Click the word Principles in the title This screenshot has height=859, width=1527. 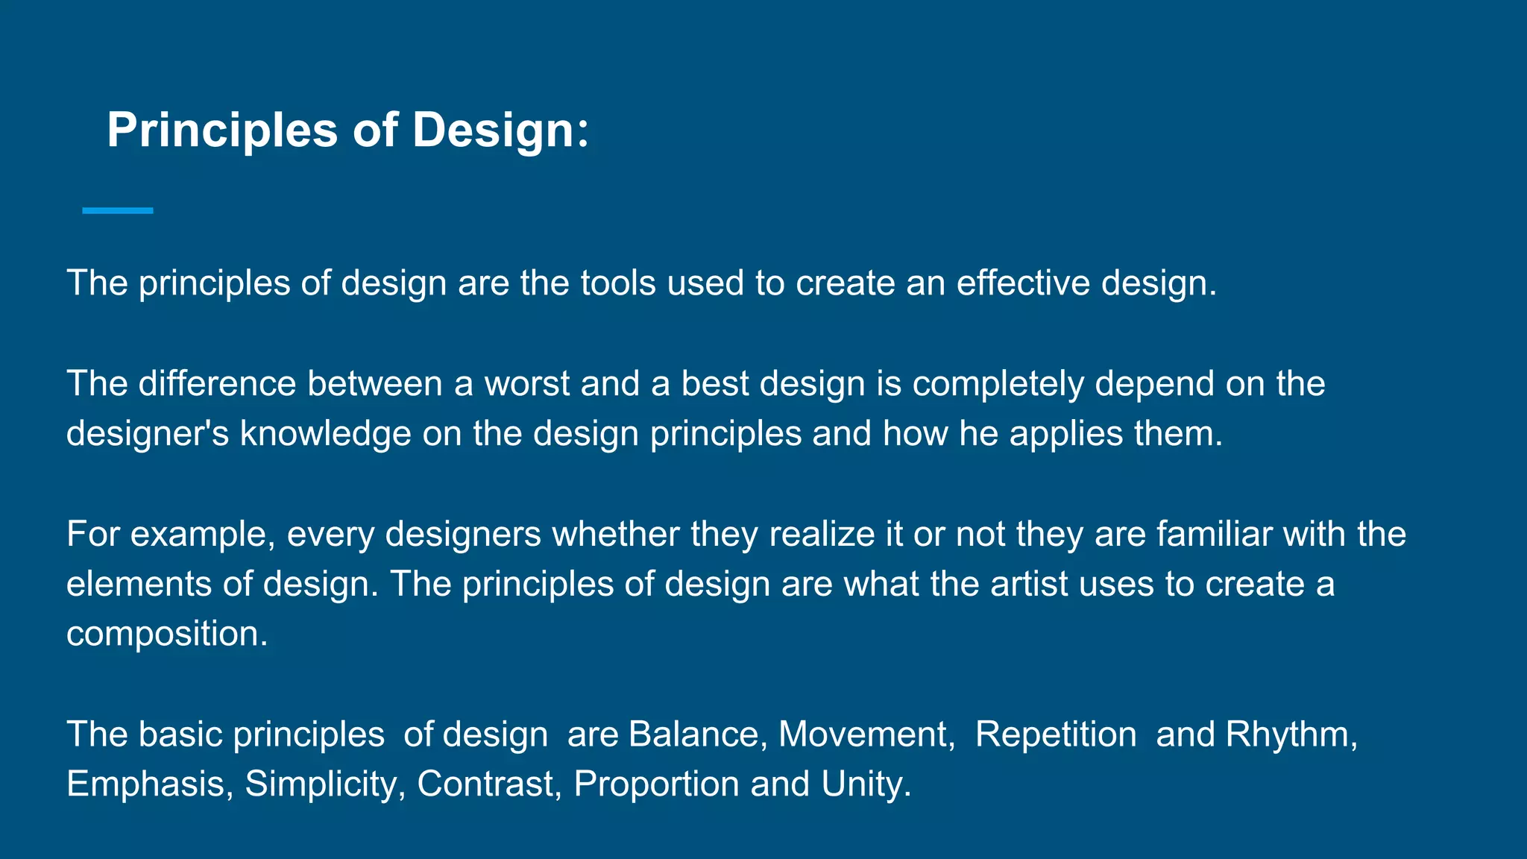(222, 130)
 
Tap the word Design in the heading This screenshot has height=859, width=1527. (492, 130)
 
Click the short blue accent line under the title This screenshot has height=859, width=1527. (118, 211)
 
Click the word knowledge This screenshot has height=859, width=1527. (325, 435)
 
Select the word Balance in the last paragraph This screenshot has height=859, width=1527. (693, 734)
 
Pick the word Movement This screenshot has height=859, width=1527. (863, 734)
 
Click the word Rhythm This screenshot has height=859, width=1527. (1287, 735)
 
